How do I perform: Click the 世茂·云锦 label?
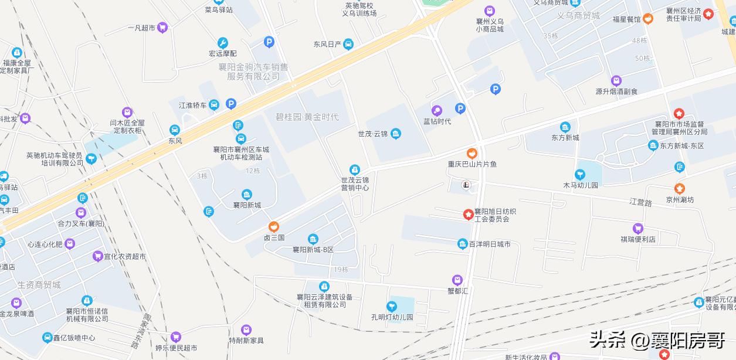tap(373, 134)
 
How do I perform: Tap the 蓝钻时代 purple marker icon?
tap(437, 110)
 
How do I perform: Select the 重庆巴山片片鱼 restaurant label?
tap(472, 164)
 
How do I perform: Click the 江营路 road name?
tap(640, 202)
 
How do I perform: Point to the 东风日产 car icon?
tap(348, 44)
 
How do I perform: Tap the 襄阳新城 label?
tap(247, 205)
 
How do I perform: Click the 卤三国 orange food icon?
tap(273, 227)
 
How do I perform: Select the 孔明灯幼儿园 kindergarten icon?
tap(392, 306)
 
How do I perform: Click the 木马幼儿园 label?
tap(580, 185)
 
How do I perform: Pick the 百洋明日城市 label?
tap(489, 244)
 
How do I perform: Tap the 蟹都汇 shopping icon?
tap(457, 280)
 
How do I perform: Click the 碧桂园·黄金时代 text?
tap(307, 117)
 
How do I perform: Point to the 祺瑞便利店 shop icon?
tap(638, 229)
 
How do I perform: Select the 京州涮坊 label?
tap(679, 199)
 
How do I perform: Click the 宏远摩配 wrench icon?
tap(222, 43)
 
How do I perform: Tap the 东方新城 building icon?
tap(565, 127)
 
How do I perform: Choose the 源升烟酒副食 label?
tap(616, 91)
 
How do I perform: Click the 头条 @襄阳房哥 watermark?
tap(657, 339)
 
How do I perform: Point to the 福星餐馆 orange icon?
tap(648, 19)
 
